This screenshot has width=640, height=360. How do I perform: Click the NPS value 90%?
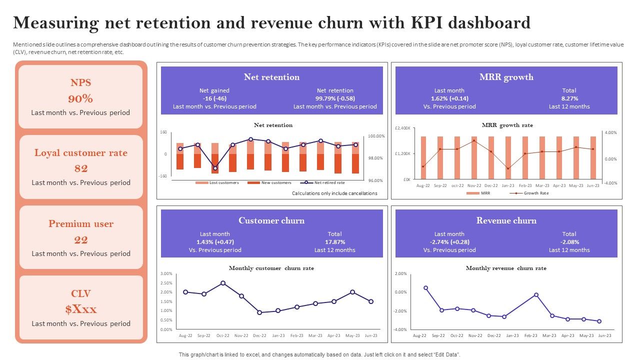click(80, 98)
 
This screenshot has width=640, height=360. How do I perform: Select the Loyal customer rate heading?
click(80, 153)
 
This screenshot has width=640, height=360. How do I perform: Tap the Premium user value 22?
click(80, 239)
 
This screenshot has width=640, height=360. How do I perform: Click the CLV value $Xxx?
click(80, 309)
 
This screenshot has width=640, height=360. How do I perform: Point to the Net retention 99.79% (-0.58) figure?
click(334, 98)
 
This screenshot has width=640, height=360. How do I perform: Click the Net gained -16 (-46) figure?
click(214, 98)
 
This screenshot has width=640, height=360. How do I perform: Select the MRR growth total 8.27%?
click(569, 98)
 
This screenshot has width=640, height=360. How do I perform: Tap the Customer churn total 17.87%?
click(334, 242)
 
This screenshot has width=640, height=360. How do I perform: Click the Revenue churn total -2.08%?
click(569, 242)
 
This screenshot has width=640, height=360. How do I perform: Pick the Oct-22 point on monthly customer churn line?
click(223, 283)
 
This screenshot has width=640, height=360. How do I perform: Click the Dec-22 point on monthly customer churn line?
click(259, 312)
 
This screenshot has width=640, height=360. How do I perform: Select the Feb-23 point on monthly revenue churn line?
click(536, 295)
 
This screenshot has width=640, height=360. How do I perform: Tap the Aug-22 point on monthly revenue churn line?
click(425, 288)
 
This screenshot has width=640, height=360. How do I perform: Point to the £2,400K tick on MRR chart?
click(403, 128)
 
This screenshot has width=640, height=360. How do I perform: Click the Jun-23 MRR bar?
click(593, 157)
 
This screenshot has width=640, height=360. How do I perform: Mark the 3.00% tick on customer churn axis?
click(166, 274)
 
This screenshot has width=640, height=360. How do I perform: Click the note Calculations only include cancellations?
click(334, 193)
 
